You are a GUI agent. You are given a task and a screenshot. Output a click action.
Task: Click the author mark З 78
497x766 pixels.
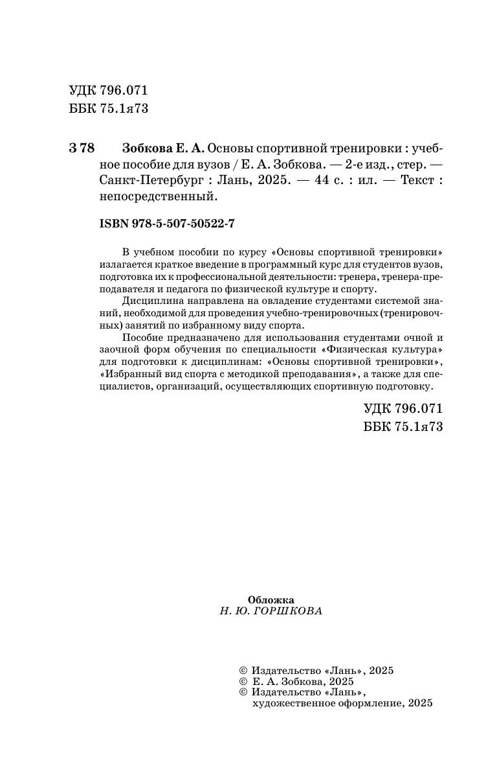tap(82, 148)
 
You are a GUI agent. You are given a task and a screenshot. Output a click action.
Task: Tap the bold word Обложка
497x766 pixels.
tap(271, 599)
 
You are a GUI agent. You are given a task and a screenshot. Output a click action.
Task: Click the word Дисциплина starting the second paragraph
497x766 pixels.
tap(148, 301)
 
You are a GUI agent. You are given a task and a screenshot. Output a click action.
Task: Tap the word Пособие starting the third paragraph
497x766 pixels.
tap(140, 338)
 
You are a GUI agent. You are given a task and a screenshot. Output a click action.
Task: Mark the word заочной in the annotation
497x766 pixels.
tap(119, 350)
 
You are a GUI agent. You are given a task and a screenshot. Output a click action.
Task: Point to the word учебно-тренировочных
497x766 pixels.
tap(320, 314)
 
